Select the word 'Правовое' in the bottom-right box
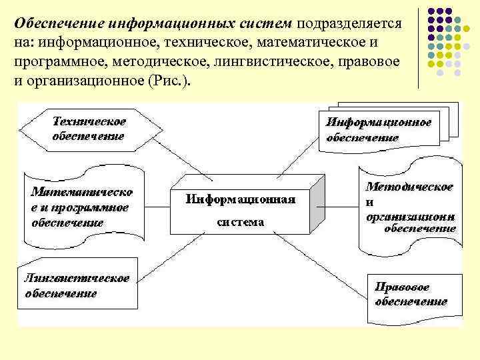click(402, 287)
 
